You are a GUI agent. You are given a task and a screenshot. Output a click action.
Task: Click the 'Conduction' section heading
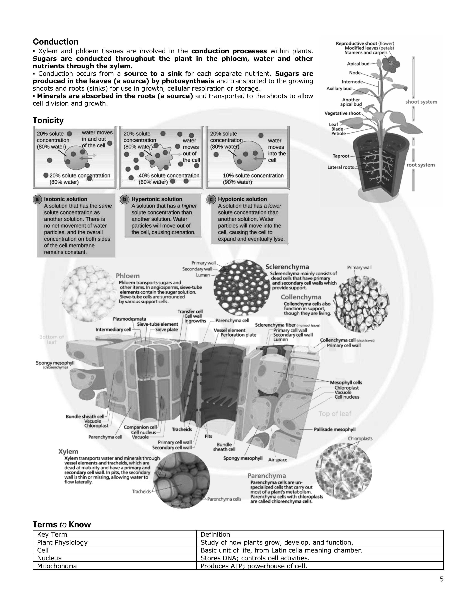coord(56,42)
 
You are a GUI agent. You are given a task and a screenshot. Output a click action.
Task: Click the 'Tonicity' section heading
coord(48,120)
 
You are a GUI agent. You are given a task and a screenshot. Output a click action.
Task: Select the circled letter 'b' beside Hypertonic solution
coord(124,199)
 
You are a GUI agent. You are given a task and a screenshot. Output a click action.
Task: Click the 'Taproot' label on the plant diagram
coord(341,156)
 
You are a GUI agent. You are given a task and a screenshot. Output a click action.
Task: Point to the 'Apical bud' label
coord(358,64)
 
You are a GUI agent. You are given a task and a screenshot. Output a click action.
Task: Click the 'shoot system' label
coord(421,102)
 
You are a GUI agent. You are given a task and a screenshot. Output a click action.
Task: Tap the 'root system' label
coord(421,165)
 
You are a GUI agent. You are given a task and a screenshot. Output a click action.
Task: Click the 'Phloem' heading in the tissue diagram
coord(127,276)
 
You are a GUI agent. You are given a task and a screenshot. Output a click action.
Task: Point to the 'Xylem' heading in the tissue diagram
coord(68,452)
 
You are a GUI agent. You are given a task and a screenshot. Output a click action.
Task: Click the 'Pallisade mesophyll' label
coord(335,430)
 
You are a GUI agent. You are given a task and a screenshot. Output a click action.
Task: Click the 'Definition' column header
coord(215,535)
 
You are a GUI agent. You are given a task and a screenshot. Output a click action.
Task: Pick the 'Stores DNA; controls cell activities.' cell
coord(255,558)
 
